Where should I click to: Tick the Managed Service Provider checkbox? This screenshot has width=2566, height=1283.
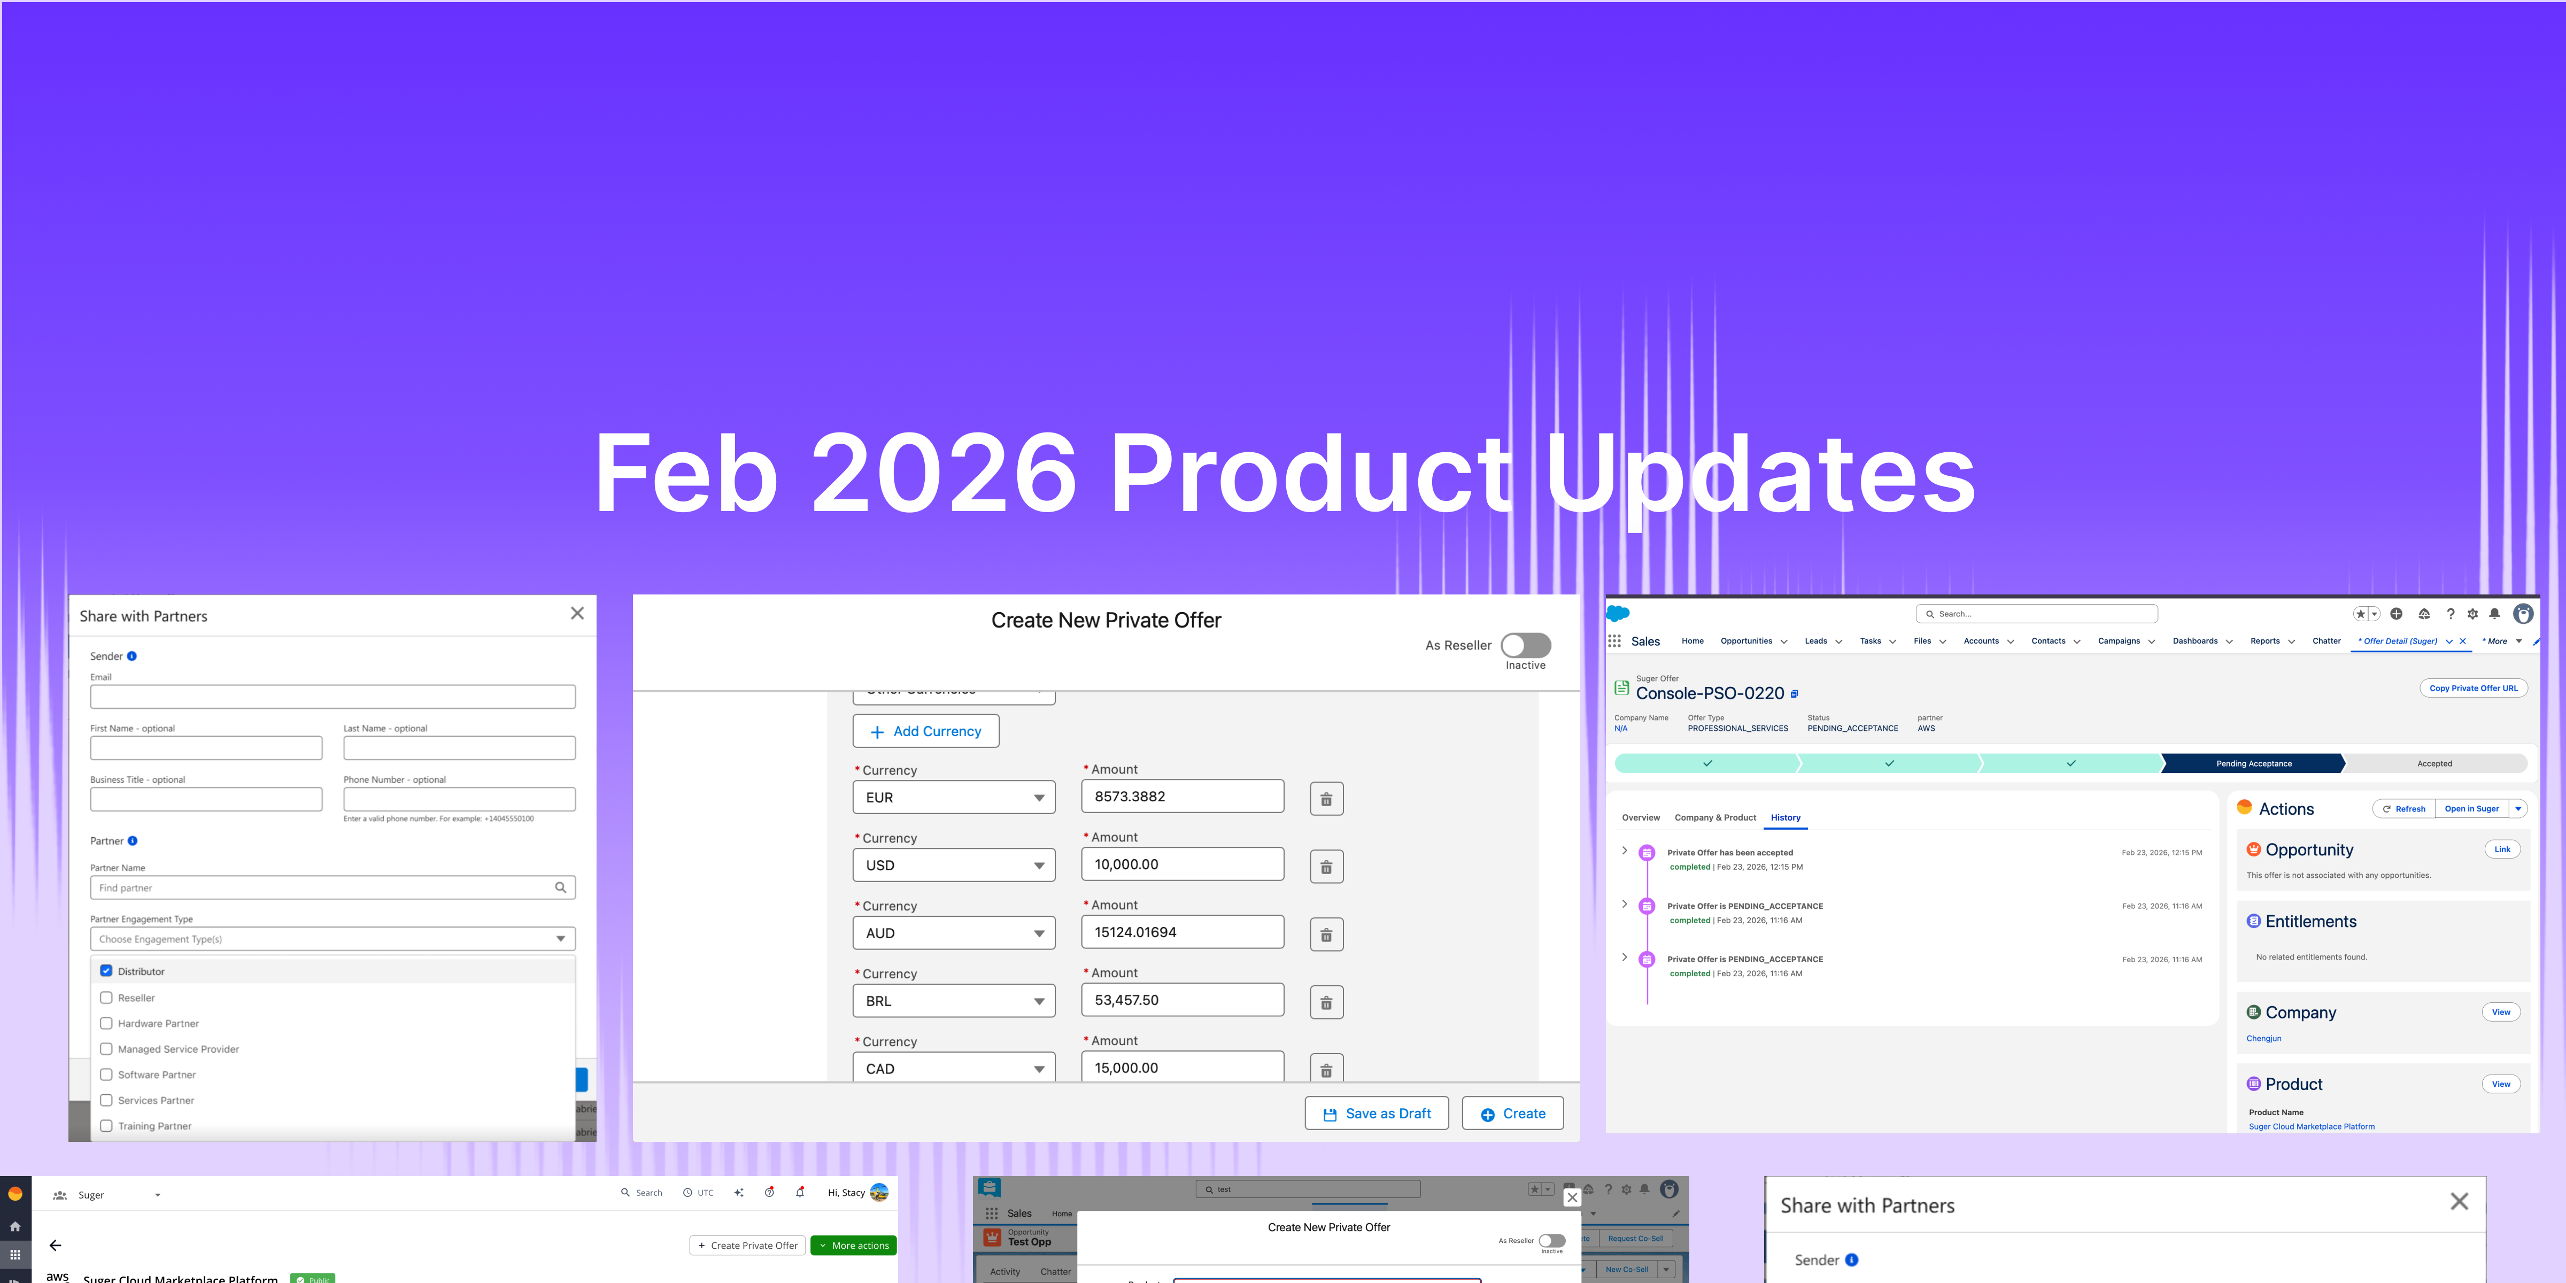point(106,1049)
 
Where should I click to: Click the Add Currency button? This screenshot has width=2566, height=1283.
point(925,731)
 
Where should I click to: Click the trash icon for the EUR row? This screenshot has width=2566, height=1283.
point(1326,799)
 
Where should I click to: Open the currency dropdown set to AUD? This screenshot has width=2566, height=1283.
point(953,933)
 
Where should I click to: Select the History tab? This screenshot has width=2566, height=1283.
point(1785,818)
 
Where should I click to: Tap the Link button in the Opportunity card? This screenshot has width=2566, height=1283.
point(2501,849)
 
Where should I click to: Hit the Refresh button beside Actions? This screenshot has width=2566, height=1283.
point(2403,809)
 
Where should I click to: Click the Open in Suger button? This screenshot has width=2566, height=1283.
point(2471,809)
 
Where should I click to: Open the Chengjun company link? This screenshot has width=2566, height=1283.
point(2263,1038)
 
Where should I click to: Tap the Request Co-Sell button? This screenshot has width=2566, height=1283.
point(1635,1238)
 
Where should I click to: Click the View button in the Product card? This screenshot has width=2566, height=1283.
point(2500,1084)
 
